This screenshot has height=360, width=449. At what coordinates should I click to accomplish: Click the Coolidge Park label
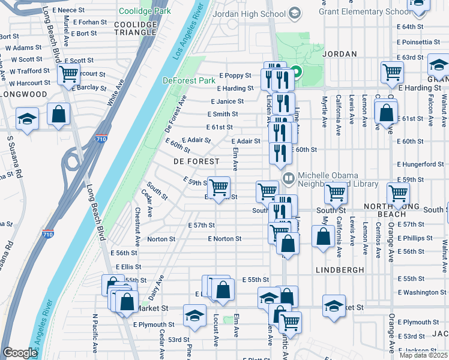pyautogui.click(x=145, y=11)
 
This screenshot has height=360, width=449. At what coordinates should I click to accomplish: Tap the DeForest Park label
pyautogui.click(x=188, y=80)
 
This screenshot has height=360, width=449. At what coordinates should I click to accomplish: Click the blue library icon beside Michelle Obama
pyautogui.click(x=288, y=178)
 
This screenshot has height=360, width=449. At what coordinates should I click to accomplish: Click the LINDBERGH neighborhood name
pyautogui.click(x=340, y=270)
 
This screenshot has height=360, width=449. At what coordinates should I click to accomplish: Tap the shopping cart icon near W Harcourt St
pyautogui.click(x=69, y=75)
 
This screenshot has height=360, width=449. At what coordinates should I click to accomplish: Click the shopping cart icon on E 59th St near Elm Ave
pyautogui.click(x=218, y=188)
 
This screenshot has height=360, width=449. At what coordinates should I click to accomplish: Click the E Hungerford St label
pyautogui.click(x=420, y=164)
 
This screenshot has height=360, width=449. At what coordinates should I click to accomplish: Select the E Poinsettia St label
pyautogui.click(x=419, y=42)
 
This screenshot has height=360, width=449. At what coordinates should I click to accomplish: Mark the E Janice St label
pyautogui.click(x=227, y=101)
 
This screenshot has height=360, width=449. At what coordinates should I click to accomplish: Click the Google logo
pyautogui.click(x=20, y=353)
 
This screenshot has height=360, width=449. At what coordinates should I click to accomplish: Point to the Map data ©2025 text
pyautogui.click(x=423, y=355)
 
